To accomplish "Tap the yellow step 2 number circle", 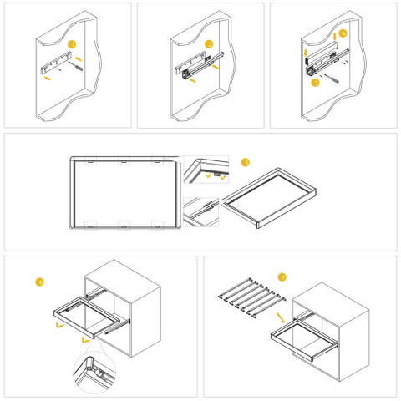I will tap(209, 43).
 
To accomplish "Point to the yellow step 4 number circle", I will tap(343, 34).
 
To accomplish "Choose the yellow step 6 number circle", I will tap(38, 282).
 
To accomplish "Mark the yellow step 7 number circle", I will tap(282, 277).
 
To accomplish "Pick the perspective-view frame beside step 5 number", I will tap(267, 200).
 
